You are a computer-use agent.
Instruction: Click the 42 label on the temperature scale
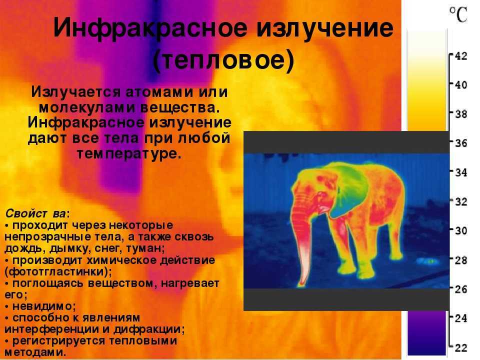(x=461, y=56)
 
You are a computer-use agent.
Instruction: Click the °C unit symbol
(x=458, y=14)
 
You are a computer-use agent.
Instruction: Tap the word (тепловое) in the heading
(x=223, y=60)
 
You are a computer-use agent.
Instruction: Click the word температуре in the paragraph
(x=129, y=153)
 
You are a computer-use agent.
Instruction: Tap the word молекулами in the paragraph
(x=87, y=108)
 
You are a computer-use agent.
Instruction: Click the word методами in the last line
(x=35, y=352)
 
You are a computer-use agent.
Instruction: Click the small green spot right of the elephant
(x=432, y=261)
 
